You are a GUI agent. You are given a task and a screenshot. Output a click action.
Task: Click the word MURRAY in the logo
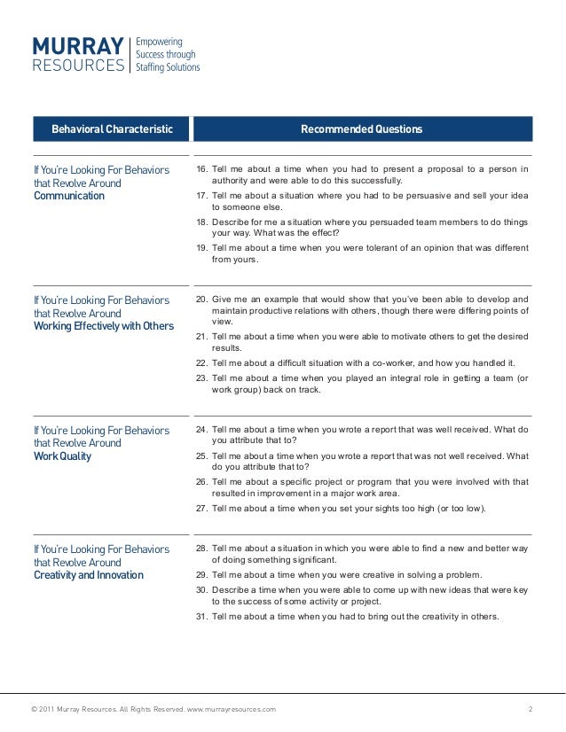pyautogui.click(x=78, y=45)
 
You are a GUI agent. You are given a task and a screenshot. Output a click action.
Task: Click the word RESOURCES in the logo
pyautogui.click(x=78, y=65)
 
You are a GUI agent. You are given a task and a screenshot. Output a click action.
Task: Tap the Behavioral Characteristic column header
pyautogui.click(x=112, y=129)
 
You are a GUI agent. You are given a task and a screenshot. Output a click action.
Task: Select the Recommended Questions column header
pyautogui.click(x=361, y=129)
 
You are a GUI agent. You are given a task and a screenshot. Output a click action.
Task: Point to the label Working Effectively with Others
pyautogui.click(x=103, y=326)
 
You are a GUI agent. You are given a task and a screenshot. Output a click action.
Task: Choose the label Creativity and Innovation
pyautogui.click(x=88, y=575)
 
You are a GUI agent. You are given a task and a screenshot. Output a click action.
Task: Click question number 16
pyautogui.click(x=201, y=169)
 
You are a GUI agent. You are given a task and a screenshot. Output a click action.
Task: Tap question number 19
pyautogui.click(x=201, y=247)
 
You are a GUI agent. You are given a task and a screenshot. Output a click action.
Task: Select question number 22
pyautogui.click(x=201, y=363)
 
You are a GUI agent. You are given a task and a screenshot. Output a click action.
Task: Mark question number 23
pyautogui.click(x=201, y=378)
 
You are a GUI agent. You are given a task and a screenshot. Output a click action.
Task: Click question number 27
pyautogui.click(x=201, y=508)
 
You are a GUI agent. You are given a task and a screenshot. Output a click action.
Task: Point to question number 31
pyautogui.click(x=201, y=617)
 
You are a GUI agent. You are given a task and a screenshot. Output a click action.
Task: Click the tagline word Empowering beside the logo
pyautogui.click(x=159, y=42)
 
